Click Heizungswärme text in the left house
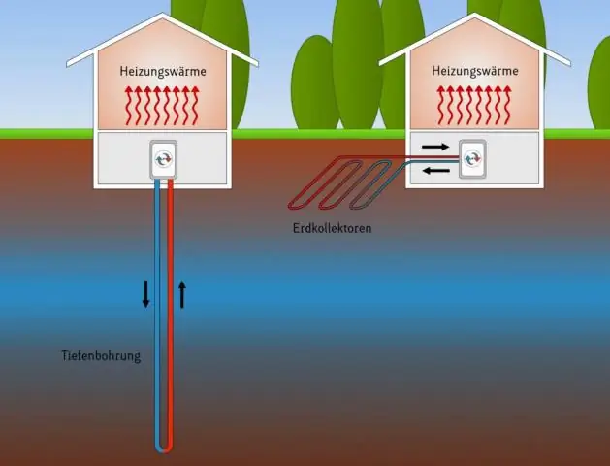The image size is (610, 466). pos(163,71)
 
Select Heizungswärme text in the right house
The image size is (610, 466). pos(473,71)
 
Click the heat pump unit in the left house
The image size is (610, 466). pos(163,159)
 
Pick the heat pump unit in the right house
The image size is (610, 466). pos(473,156)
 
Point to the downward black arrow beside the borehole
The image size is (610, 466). pos(146,293)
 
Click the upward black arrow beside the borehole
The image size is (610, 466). pos(181,293)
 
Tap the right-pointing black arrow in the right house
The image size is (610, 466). pos(436,148)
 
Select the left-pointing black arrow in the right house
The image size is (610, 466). pos(436,170)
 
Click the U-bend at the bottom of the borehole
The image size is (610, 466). pos(163,447)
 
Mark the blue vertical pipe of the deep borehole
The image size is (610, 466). pos(156,311)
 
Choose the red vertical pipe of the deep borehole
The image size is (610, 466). pos(170,311)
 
